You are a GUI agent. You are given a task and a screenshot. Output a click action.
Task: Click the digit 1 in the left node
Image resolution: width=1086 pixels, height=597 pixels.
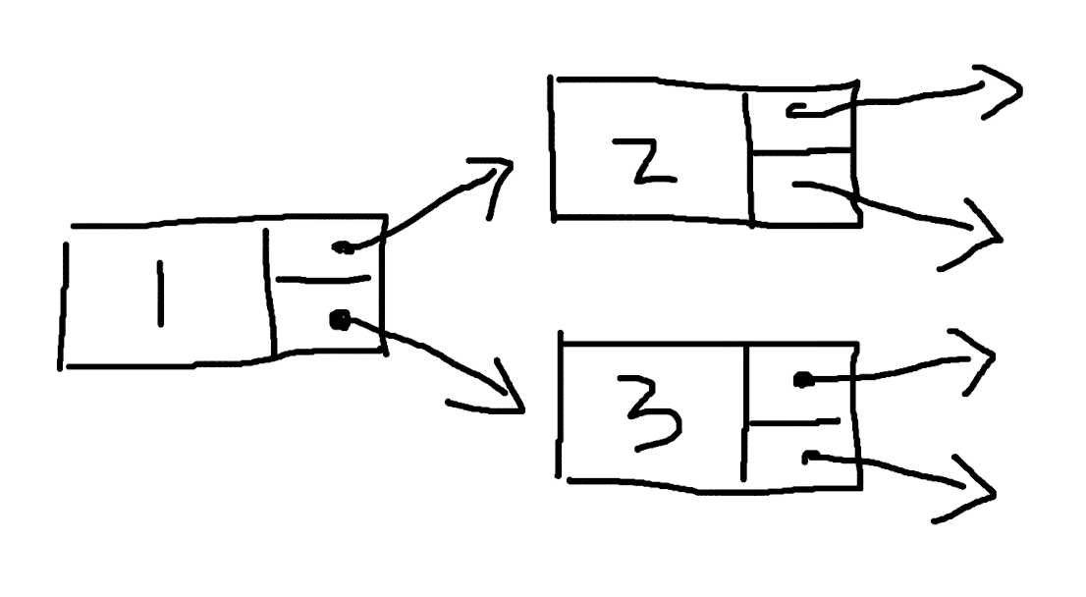(x=161, y=293)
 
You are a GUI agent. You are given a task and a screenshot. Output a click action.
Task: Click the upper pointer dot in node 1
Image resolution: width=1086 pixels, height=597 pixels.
(x=342, y=247)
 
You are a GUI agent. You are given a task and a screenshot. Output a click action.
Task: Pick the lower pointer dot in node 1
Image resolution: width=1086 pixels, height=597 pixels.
(x=340, y=320)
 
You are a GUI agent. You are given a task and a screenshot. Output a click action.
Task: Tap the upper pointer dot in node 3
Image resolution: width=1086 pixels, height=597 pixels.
(x=803, y=380)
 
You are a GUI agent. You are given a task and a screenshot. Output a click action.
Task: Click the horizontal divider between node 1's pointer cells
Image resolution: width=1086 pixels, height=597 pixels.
(x=323, y=280)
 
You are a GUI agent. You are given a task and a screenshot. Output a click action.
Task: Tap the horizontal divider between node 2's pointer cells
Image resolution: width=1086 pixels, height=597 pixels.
(x=801, y=150)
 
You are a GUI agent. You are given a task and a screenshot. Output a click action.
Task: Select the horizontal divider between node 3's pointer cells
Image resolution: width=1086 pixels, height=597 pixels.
(x=794, y=421)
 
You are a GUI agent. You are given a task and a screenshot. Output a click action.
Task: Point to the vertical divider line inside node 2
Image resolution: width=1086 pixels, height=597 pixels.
(x=748, y=159)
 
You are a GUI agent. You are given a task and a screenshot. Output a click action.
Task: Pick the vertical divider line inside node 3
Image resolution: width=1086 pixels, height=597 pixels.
(x=744, y=412)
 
